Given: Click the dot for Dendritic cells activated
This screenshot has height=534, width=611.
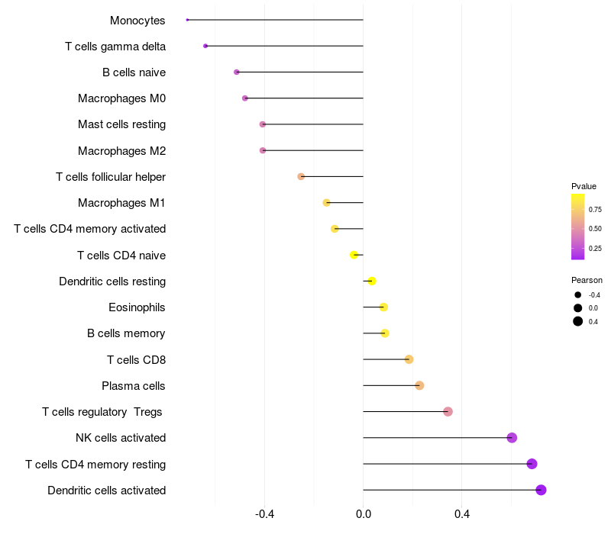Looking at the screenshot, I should pos(541,490).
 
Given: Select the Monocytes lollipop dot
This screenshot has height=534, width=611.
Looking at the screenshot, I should pos(187,20).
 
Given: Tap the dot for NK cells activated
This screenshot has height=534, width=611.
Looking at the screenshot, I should pos(512,438).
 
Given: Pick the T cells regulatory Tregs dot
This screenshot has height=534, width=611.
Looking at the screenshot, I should pos(448,412).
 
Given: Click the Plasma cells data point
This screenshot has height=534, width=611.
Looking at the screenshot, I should pos(419,385).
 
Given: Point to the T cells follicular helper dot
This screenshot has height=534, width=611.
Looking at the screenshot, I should pos(301,176).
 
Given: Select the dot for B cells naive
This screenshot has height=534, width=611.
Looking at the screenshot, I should pos(237,72).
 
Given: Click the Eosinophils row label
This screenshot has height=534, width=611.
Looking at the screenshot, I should pos(137,307).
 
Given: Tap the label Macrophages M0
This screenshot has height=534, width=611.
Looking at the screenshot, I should pos(122,98).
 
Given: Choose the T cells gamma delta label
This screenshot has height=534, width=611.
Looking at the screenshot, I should pos(115,47).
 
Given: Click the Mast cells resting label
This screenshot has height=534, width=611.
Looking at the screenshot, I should pos(122,124).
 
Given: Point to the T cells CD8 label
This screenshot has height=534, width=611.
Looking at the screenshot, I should pos(137,359).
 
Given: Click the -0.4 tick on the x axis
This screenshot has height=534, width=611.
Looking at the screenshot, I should pos(264,515).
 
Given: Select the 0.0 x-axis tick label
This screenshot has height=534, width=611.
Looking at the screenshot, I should pos(363,515).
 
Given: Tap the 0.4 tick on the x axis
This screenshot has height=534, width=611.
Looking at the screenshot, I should pos(461,515).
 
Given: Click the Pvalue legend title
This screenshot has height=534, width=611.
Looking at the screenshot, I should pos(584,186).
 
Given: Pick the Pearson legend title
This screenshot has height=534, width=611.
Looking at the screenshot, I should pos(587,280).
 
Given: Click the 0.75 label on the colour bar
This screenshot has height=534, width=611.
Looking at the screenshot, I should pos(595,209).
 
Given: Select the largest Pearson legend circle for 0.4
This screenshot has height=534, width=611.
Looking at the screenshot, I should pos(578,321).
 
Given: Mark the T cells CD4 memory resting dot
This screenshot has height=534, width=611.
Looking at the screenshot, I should pos(532,464).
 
